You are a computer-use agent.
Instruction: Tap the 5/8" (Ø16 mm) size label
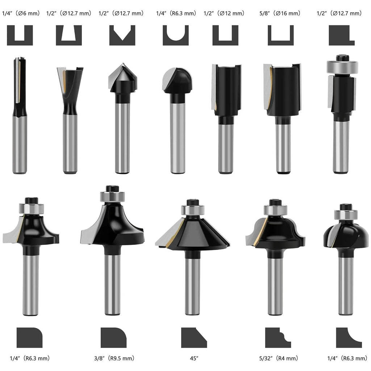tap(280, 13)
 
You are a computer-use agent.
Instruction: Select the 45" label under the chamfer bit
tap(194, 358)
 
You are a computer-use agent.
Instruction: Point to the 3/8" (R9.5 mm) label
tap(114, 358)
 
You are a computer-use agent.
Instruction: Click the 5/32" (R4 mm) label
tap(279, 358)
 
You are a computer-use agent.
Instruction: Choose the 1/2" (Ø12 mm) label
tap(224, 13)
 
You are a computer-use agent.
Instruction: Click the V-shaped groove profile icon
tap(122, 36)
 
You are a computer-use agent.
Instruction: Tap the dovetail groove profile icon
tap(69, 36)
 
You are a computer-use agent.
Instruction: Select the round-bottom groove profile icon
tap(176, 36)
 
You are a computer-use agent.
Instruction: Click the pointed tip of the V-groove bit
tap(122, 64)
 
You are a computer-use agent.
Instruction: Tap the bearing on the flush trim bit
tap(342, 67)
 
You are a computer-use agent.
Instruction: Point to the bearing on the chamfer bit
tap(193, 210)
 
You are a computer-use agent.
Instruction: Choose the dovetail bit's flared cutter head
tap(70, 80)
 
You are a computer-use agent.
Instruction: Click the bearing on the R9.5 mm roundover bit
tap(112, 196)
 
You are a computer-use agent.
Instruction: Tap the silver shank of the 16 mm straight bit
tap(283, 148)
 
